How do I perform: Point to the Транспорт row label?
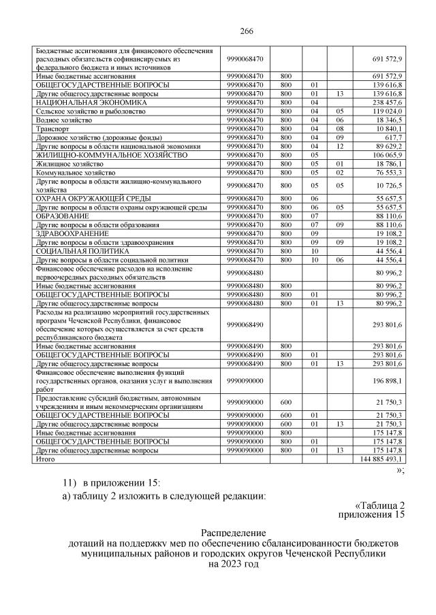point(52,128)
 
